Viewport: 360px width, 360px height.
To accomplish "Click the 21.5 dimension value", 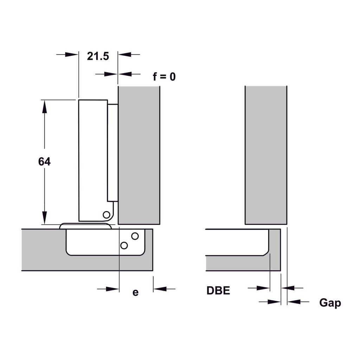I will click(x=98, y=56).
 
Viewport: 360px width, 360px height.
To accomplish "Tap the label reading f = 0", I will click(x=164, y=76).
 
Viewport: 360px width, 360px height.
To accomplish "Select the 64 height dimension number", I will click(x=44, y=162).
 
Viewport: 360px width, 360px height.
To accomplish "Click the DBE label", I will click(x=218, y=291).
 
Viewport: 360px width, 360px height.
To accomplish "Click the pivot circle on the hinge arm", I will click(x=106, y=214).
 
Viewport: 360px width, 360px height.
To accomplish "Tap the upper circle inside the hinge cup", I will click(x=135, y=236).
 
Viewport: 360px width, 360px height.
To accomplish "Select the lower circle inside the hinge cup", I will click(x=124, y=245).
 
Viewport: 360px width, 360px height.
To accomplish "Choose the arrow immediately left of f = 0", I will click(x=124, y=74).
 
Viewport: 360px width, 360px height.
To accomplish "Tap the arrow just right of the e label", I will click(x=164, y=289).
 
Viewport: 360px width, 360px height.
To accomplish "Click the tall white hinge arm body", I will click(x=92, y=160).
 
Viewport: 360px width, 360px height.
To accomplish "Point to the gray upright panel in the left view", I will click(x=139, y=155).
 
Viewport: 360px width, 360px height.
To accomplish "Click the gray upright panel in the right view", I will click(x=266, y=155).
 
